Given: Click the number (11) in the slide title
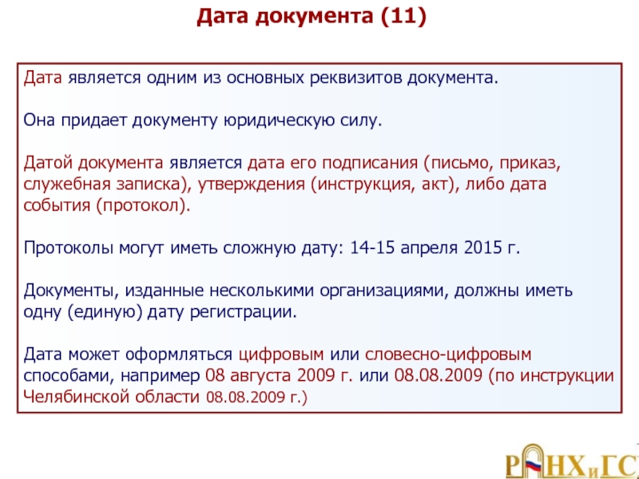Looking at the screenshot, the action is click(x=403, y=17).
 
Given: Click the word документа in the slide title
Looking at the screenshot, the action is click(x=314, y=17).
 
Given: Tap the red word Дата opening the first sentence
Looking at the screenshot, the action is click(x=43, y=77).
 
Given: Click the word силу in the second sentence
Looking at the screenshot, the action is click(x=361, y=121).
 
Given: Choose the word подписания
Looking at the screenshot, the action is click(x=370, y=163).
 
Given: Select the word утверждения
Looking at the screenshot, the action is click(x=252, y=184).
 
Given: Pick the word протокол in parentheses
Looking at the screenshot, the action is click(x=143, y=205).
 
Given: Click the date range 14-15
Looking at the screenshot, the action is click(x=372, y=247).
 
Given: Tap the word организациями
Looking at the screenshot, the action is click(x=384, y=291).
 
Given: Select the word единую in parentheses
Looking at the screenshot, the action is click(x=105, y=311).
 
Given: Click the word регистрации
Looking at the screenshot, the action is click(x=243, y=312).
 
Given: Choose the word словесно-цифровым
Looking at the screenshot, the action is click(x=448, y=354).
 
